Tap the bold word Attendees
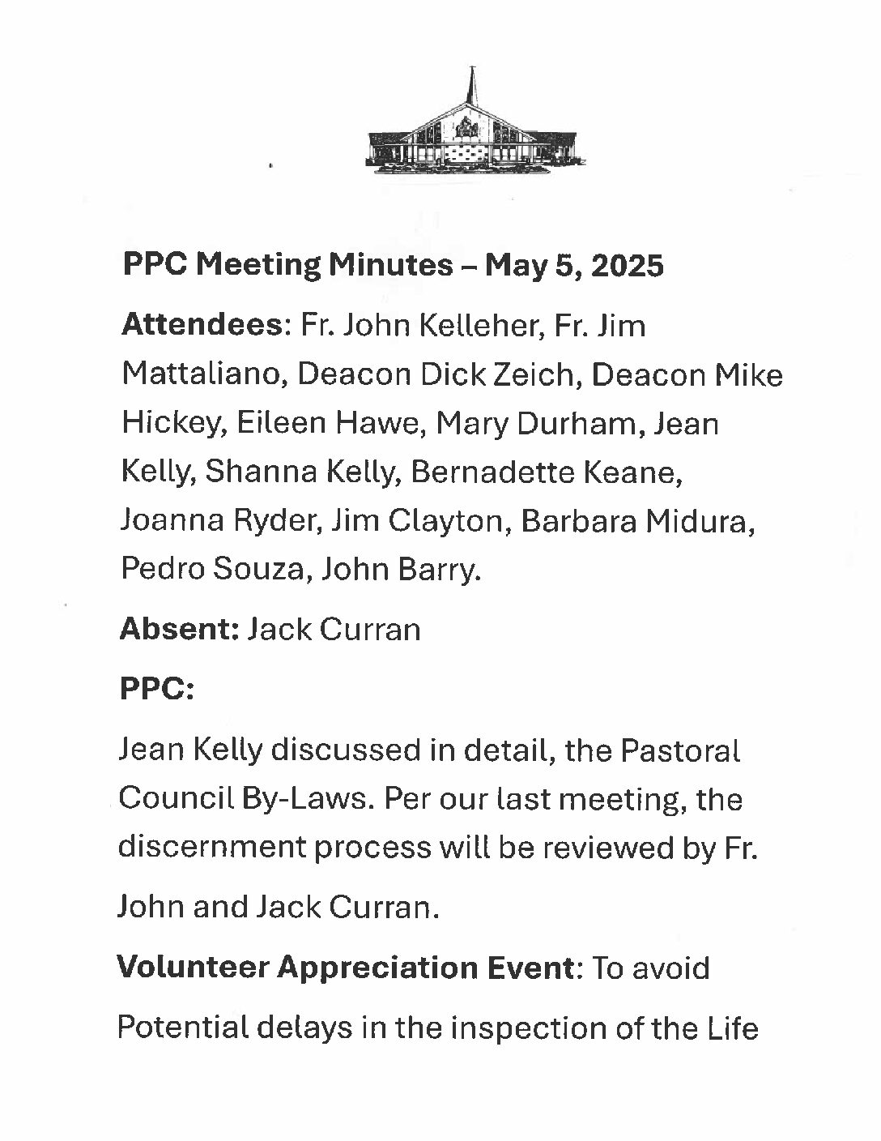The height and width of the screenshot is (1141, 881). (x=201, y=326)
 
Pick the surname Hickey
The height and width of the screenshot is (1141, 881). (x=168, y=424)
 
